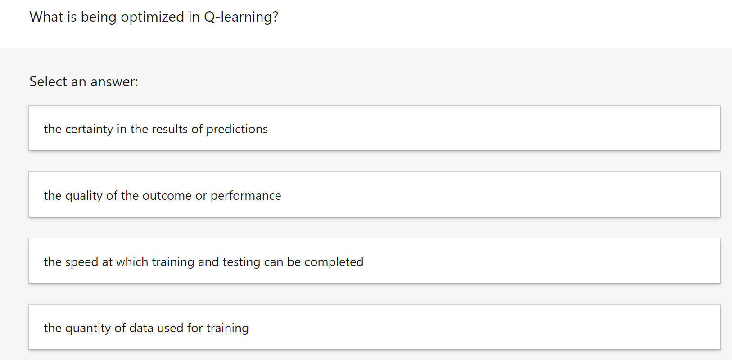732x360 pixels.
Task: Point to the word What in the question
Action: tap(46, 17)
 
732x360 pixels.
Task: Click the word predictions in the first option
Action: tap(237, 130)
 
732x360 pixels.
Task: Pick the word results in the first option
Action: tap(170, 129)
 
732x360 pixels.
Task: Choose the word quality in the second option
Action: tap(84, 196)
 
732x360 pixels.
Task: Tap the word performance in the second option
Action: tap(246, 196)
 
